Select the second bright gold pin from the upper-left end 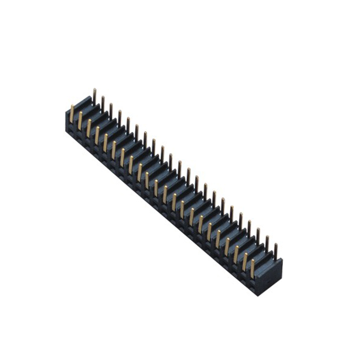coord(80,121)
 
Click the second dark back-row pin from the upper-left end coord(103,104)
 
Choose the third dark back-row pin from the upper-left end coord(111,112)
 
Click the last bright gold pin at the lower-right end coord(253,268)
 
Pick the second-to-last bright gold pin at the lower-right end coord(245,261)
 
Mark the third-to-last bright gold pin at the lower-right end coord(236,254)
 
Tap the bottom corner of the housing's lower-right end coord(258,295)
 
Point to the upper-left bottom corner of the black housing coord(67,129)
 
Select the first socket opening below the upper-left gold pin coord(71,127)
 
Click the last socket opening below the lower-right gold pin coord(253,283)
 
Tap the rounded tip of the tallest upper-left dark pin coord(94,90)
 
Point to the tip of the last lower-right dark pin coord(275,245)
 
